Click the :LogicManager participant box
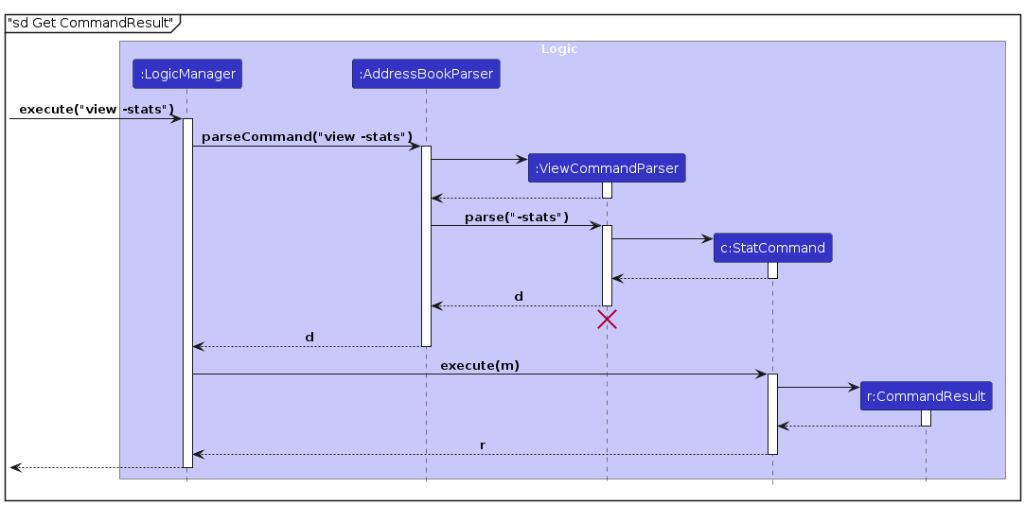point(187,74)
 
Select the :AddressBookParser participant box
point(426,74)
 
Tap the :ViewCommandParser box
point(607,168)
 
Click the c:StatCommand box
point(772,248)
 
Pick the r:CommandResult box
point(926,396)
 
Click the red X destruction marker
point(607,320)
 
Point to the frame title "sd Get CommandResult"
point(91,22)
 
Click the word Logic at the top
point(558,48)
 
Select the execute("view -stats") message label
point(97,109)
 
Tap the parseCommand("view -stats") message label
point(307,137)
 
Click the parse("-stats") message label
point(516,217)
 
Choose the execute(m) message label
point(479,364)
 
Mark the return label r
point(482,444)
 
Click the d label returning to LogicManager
point(309,337)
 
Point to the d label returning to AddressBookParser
point(518,296)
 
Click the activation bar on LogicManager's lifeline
point(187,293)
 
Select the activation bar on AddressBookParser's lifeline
point(426,246)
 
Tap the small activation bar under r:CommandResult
point(926,418)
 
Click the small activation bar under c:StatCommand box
point(772,270)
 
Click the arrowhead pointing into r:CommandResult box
point(855,387)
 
